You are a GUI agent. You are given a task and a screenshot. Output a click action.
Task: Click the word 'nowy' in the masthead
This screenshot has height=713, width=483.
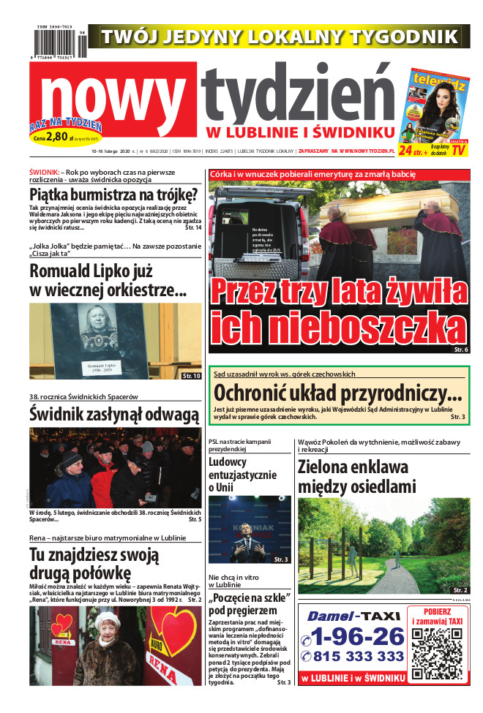coord(113,95)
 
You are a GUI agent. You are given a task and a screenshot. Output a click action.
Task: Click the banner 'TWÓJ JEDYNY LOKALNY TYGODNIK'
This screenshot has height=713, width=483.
coord(280,37)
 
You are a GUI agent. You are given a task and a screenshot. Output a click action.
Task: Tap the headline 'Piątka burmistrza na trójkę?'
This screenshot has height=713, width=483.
coord(113,195)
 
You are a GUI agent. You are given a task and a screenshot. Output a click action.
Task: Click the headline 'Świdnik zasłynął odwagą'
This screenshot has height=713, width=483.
coord(114,414)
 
